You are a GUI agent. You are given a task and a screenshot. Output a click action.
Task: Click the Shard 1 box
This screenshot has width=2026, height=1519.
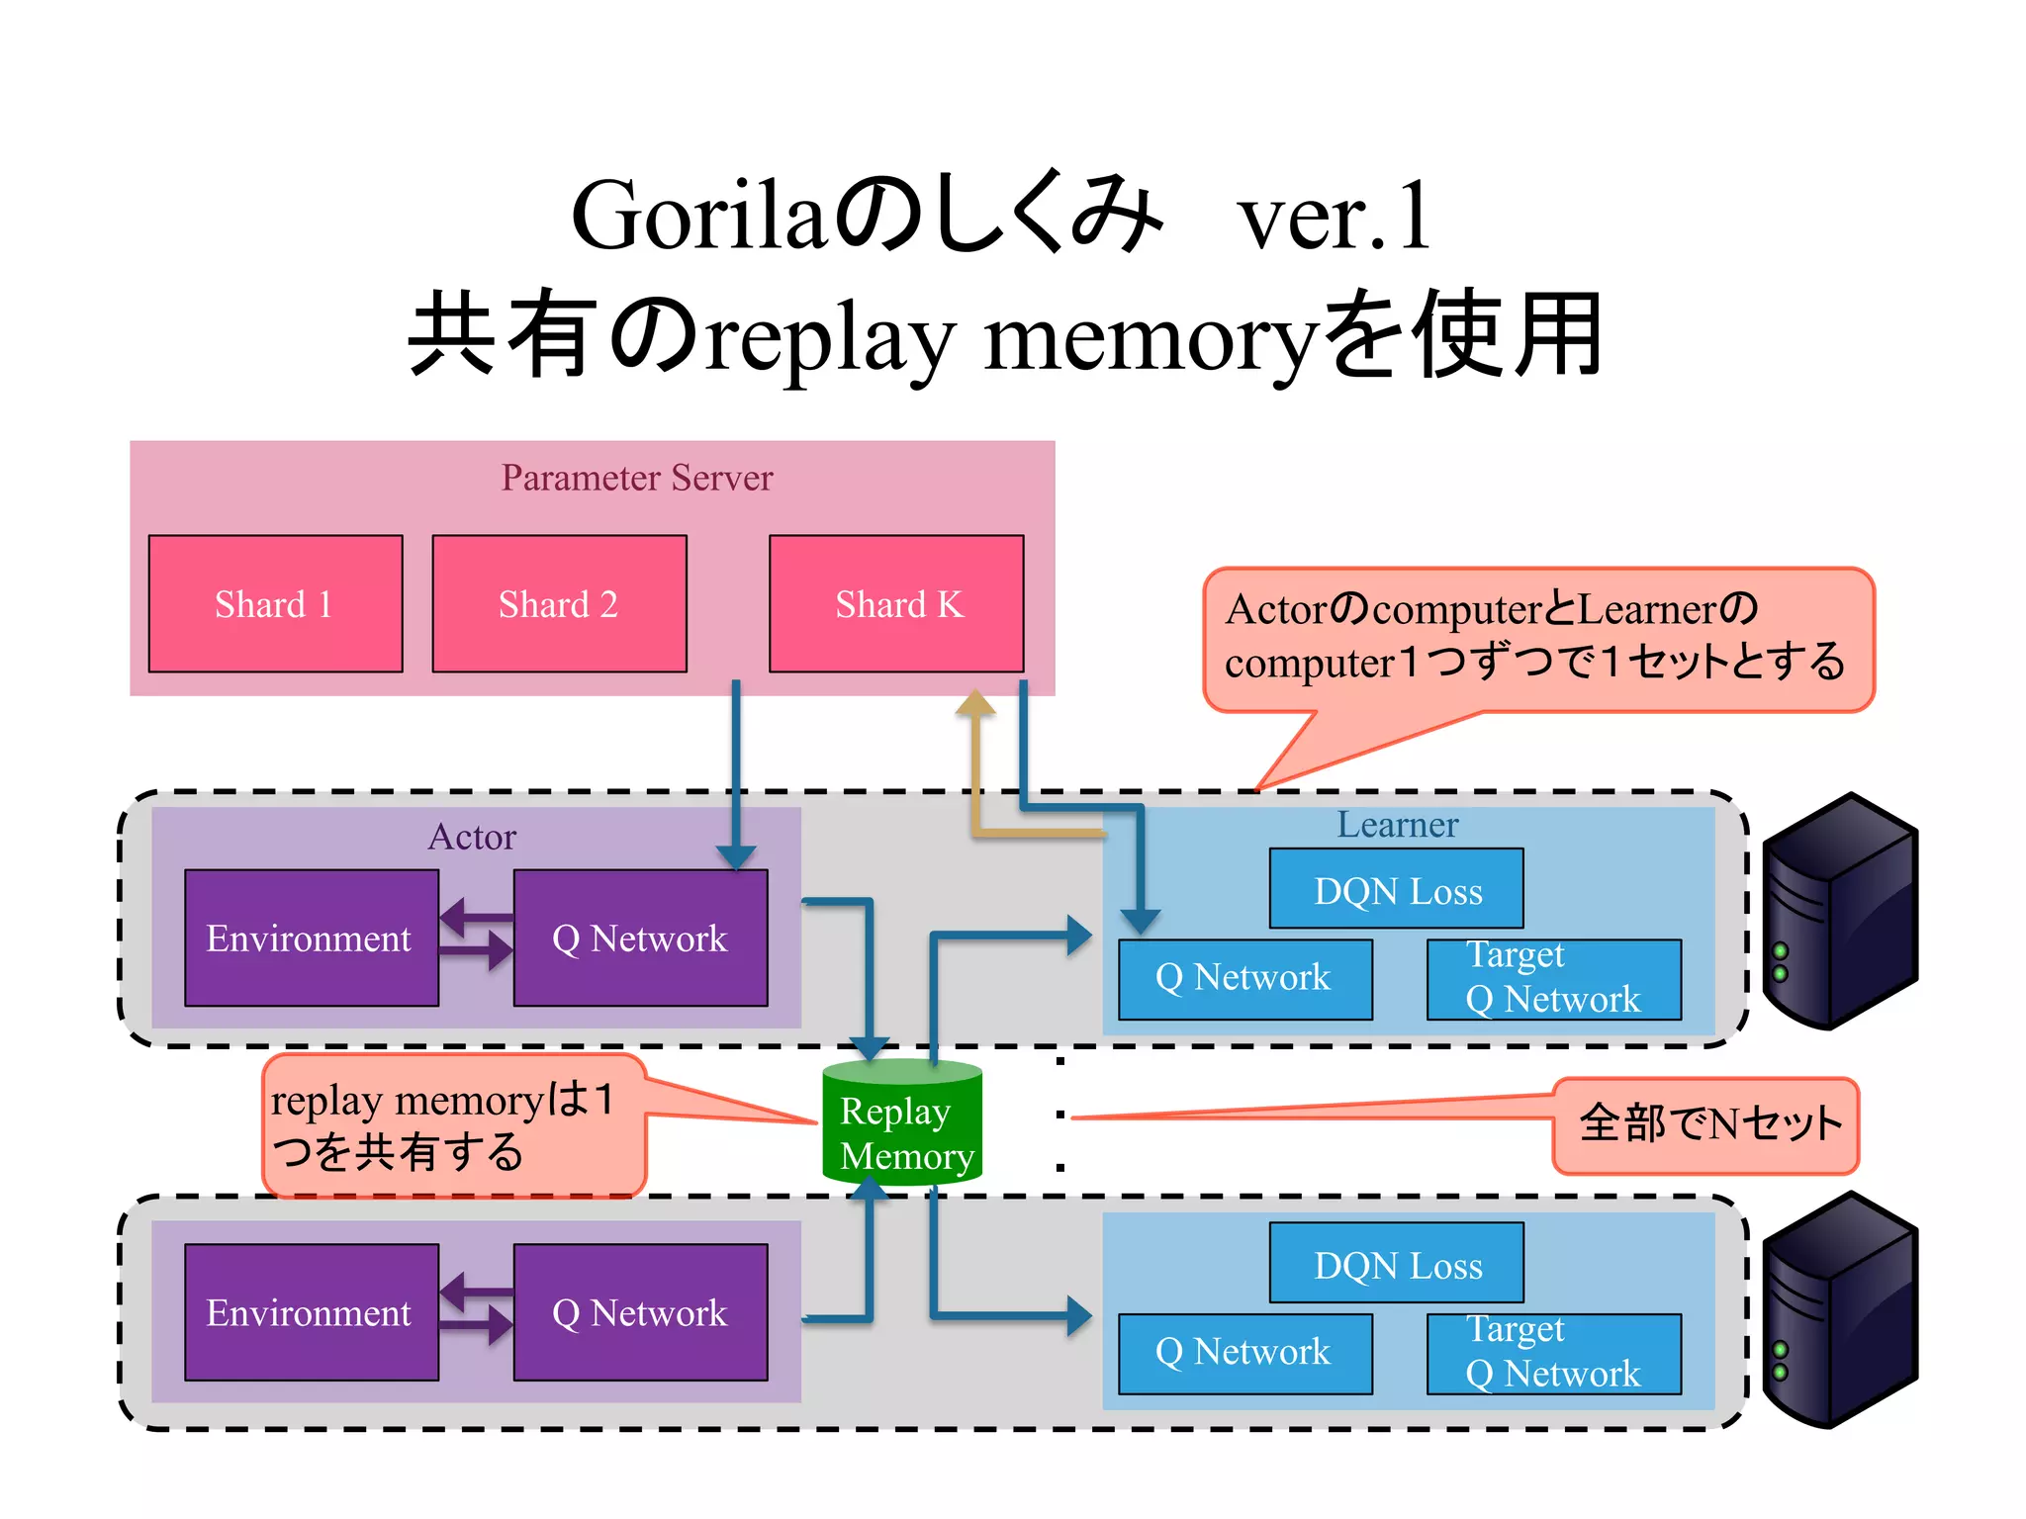click(x=275, y=603)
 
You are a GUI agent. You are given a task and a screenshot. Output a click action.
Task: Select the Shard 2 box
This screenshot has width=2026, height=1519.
click(x=559, y=603)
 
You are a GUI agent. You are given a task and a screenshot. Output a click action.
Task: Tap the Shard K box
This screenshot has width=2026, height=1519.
click(x=896, y=603)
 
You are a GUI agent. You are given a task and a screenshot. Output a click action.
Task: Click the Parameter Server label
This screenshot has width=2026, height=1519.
click(x=636, y=478)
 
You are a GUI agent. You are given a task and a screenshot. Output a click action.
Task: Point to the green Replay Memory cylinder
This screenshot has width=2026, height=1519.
click(x=901, y=1122)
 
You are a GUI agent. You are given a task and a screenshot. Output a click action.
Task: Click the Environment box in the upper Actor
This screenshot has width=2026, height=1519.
click(x=311, y=938)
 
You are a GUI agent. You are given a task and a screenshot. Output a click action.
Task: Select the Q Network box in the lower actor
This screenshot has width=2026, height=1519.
click(x=640, y=1312)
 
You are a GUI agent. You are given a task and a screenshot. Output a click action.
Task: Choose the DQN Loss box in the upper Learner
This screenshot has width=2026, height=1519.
click(x=1396, y=889)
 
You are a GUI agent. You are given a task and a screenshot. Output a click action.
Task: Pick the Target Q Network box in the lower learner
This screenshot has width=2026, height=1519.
click(x=1553, y=1353)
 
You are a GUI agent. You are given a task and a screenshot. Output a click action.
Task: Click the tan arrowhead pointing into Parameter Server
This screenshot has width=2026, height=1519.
click(x=975, y=703)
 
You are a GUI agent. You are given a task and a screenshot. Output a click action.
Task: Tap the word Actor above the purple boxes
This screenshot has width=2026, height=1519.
click(x=472, y=837)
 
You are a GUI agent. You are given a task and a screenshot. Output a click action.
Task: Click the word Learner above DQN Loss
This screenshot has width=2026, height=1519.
click(x=1397, y=824)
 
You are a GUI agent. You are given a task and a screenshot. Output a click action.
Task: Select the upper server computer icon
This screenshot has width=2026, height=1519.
click(x=1840, y=910)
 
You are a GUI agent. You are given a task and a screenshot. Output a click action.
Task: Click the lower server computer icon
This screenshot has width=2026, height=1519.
click(x=1840, y=1310)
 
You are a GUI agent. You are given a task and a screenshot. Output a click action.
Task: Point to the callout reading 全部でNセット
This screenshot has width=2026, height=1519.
click(x=1706, y=1124)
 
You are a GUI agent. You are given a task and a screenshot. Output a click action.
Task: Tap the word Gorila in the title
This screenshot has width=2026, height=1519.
click(x=697, y=217)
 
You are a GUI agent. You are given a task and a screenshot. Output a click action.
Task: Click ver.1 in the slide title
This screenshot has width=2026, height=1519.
click(x=1334, y=217)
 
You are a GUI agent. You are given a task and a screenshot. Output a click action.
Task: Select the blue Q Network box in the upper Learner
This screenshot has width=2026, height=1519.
click(x=1244, y=978)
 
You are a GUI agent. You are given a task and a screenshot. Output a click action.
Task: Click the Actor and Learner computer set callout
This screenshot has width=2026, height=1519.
click(x=1537, y=638)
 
